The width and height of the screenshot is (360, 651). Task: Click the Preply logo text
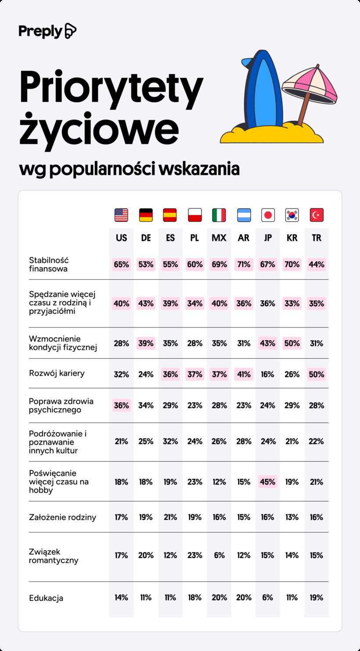coord(41,31)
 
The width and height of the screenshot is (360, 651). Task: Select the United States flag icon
coord(121,215)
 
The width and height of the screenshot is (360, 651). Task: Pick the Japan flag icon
coord(268,215)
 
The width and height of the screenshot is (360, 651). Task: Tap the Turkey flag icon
coord(317,215)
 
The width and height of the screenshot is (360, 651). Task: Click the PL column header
coord(194,238)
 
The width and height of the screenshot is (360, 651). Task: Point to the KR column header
coord(292,238)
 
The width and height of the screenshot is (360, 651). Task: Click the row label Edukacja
coord(46,598)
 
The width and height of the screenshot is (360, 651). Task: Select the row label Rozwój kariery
coord(57,374)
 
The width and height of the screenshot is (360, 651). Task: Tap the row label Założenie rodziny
coord(62,517)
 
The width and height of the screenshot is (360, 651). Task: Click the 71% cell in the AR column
coord(243,264)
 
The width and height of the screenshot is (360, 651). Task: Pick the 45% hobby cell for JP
coord(268,482)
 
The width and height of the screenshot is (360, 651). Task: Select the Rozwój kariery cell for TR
coord(317,374)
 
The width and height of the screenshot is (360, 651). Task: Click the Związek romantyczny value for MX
coord(219,555)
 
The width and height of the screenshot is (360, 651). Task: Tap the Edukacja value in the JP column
coord(268,597)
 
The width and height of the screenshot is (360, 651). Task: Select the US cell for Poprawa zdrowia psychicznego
coord(121,405)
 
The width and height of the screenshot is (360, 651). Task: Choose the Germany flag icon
coord(146,215)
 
